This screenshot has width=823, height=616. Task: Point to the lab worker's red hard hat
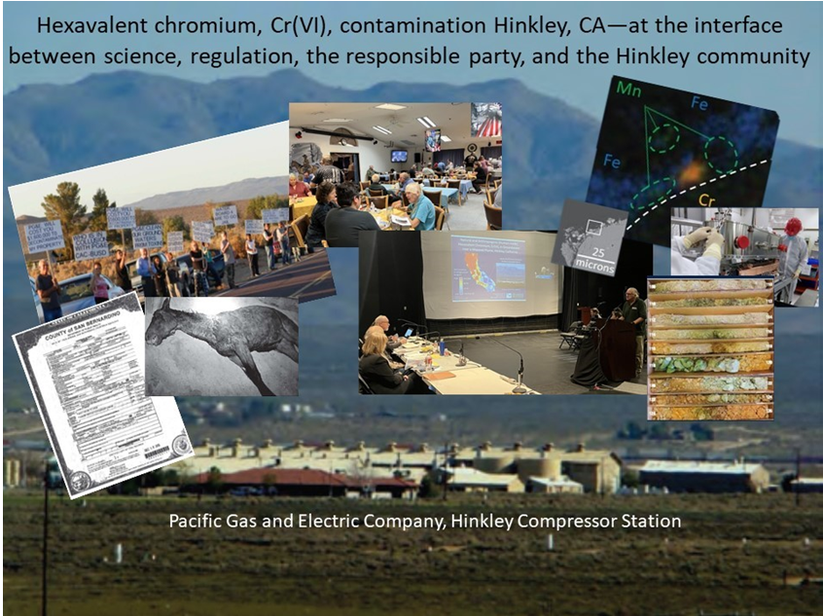(794, 226)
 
